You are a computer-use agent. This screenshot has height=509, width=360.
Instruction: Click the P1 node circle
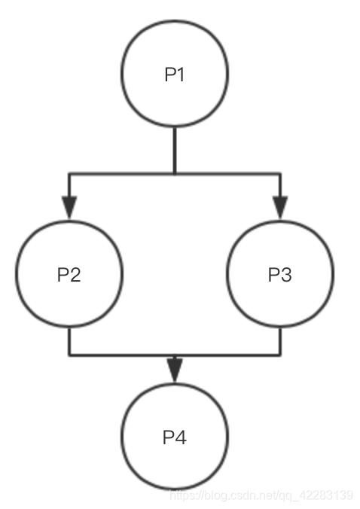click(x=175, y=74)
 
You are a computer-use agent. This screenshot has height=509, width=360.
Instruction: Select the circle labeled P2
click(x=69, y=274)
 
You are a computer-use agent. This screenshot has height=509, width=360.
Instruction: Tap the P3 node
click(x=280, y=274)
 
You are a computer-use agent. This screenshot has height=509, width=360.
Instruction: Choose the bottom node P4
click(x=175, y=437)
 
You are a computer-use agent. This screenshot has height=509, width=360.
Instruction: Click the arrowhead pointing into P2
click(x=69, y=207)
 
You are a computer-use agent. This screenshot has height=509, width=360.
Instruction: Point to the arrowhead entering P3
click(x=280, y=207)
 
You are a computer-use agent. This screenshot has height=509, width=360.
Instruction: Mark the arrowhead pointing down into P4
click(x=175, y=369)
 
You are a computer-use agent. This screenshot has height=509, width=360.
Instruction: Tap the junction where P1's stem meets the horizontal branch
click(x=175, y=174)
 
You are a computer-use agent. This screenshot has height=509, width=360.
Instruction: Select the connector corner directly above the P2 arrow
click(x=69, y=174)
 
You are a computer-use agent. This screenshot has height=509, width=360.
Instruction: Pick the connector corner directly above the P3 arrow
click(x=280, y=174)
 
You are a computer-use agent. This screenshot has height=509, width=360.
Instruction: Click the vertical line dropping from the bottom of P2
click(x=69, y=340)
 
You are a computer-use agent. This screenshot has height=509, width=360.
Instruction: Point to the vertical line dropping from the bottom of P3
click(x=280, y=340)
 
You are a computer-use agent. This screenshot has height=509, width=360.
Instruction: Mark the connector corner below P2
click(x=69, y=354)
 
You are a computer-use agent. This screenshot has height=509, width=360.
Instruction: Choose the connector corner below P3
click(x=280, y=354)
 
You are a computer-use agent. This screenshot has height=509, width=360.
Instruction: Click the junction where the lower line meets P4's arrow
click(x=175, y=354)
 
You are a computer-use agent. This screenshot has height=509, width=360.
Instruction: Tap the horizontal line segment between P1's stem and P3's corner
click(x=227, y=174)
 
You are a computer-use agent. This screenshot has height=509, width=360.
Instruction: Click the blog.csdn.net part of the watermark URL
click(x=233, y=495)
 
